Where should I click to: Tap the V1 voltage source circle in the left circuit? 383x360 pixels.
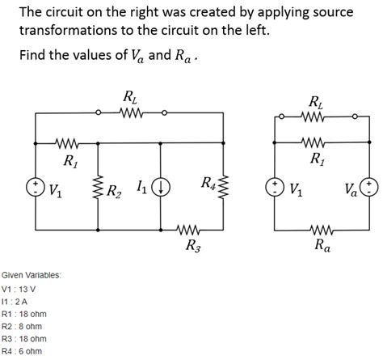click(36, 188)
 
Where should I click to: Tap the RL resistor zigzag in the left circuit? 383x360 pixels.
click(129, 113)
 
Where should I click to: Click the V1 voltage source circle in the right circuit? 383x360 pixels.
click(276, 188)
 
